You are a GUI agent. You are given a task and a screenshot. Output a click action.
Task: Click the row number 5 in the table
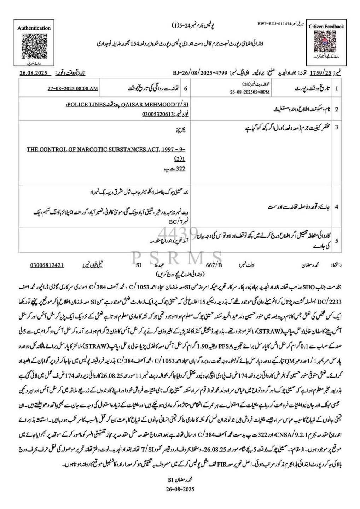336,240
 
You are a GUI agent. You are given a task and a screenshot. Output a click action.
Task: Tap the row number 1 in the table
336,88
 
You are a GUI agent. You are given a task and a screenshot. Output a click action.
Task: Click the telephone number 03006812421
47,264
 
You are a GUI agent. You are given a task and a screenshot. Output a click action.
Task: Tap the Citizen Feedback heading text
326,26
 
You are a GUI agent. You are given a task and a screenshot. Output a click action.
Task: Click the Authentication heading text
34,28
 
